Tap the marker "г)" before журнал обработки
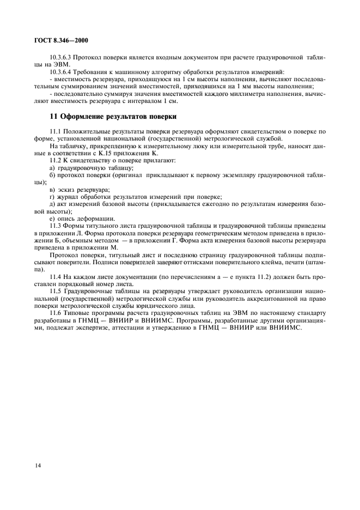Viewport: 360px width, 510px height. coord(52,197)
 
